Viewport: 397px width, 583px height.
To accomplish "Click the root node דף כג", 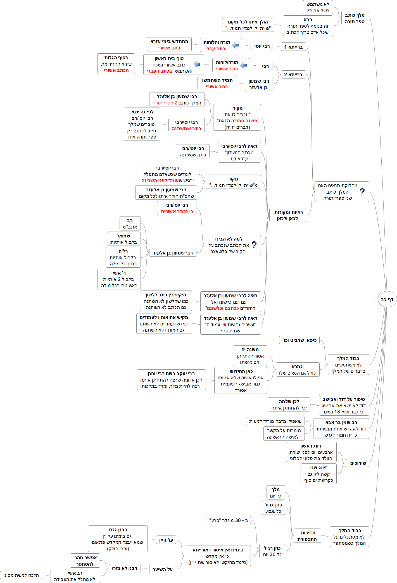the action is click(387, 299).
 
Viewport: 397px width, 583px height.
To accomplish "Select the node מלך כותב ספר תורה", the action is click(355, 18).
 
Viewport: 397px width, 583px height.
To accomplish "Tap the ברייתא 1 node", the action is click(293, 47).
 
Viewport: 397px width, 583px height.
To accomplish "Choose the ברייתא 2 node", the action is click(293, 75).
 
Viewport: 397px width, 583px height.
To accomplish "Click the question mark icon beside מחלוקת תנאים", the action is click(362, 191).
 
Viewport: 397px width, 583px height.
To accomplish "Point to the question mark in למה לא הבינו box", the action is click(254, 245).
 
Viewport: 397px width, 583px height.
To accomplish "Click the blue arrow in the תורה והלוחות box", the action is click(235, 45).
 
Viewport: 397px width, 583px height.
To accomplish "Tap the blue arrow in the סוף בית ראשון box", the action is click(197, 64).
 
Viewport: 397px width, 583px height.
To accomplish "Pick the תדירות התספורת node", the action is click(307, 536).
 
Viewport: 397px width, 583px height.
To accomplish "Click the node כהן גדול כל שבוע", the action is click(273, 508).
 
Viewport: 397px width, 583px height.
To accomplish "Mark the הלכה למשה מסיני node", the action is click(21, 575).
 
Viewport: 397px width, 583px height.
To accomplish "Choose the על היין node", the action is click(166, 540).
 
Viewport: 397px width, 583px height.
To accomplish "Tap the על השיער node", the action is click(162, 569).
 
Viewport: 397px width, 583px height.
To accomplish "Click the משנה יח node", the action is click(250, 356).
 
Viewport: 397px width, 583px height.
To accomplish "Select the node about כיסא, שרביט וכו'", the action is click(299, 340).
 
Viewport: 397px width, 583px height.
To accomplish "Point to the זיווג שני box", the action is click(318, 474).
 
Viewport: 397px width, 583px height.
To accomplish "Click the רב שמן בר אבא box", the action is click(341, 429).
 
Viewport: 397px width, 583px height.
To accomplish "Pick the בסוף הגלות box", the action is click(116, 64).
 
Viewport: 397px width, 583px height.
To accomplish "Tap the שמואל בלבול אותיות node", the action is click(123, 239).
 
